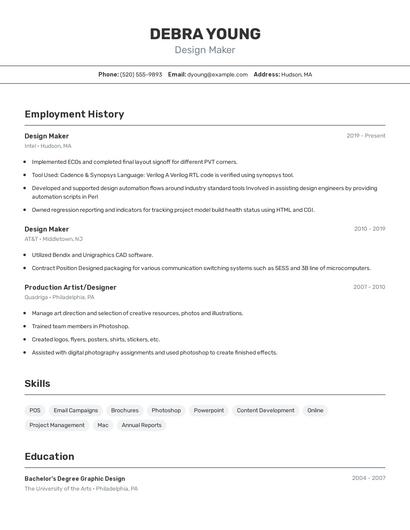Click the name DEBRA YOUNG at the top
(x=205, y=34)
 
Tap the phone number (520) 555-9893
(x=141, y=74)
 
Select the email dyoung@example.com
(x=217, y=74)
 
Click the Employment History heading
(x=74, y=114)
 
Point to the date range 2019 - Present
(x=365, y=136)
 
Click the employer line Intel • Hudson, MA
(x=48, y=146)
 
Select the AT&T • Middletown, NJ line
(x=54, y=239)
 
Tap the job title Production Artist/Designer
(x=70, y=287)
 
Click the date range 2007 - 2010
(x=368, y=287)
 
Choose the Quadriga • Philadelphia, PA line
(x=60, y=297)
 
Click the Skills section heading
(x=38, y=383)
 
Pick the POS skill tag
(x=35, y=410)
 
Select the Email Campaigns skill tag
(x=76, y=410)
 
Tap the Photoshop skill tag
(x=166, y=410)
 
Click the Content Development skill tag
(x=265, y=410)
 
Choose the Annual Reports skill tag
(x=141, y=425)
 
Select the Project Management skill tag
(x=57, y=425)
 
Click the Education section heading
(x=49, y=456)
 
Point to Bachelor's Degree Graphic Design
(x=75, y=478)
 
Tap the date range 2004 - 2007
(x=368, y=478)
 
